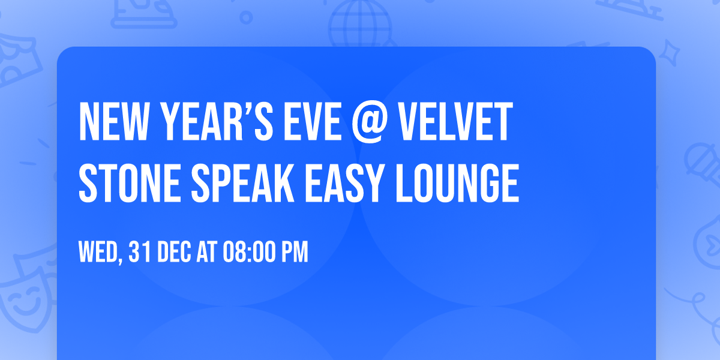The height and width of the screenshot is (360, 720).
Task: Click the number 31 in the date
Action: [139, 252]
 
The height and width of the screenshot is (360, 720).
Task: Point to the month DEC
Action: [175, 252]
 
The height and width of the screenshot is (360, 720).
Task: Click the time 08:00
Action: [249, 252]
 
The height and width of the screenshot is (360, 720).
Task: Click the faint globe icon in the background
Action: [358, 24]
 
